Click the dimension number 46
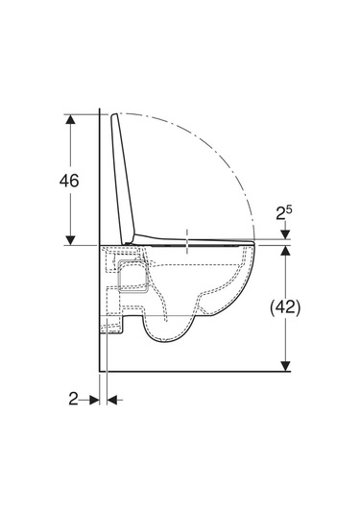click(69, 181)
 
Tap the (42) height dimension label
click(285, 307)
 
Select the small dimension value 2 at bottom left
click(73, 399)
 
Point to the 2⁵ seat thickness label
click(283, 212)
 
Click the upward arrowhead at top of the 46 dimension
click(70, 119)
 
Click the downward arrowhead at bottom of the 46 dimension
click(70, 240)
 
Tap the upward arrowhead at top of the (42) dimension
click(286, 251)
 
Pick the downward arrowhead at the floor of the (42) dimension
click(286, 366)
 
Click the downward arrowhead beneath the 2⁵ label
click(286, 234)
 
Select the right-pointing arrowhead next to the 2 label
click(95, 400)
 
